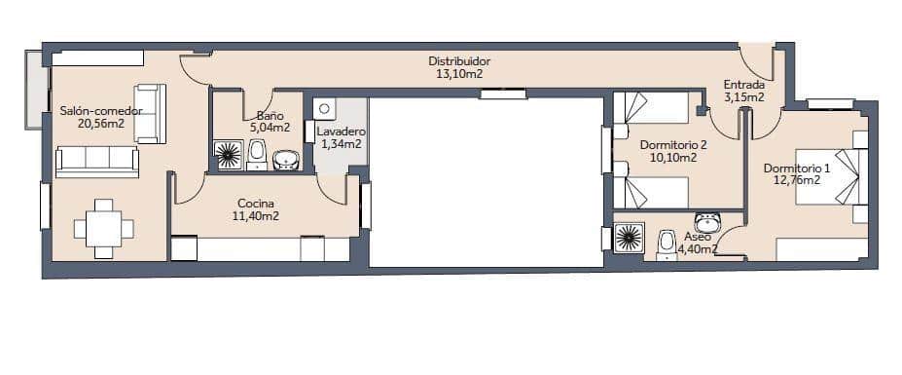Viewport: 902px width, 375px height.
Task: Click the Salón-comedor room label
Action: tap(101, 111)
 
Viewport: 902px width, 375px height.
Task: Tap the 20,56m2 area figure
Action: tap(101, 124)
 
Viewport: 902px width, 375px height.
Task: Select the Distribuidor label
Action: tap(459, 60)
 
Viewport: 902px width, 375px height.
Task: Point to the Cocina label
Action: tap(255, 204)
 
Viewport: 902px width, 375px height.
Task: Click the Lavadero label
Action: tap(341, 131)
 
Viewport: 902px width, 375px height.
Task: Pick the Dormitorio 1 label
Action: tap(797, 167)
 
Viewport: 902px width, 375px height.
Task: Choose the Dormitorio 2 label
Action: tap(673, 145)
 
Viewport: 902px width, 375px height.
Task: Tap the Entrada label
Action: tap(743, 84)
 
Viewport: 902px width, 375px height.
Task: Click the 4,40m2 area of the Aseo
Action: tap(701, 248)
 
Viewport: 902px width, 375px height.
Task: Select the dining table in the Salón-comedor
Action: tap(103, 229)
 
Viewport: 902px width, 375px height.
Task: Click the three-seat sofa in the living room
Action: tap(97, 162)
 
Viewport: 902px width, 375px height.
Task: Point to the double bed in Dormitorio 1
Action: tap(830, 176)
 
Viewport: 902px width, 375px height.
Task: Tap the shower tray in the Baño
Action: tap(229, 155)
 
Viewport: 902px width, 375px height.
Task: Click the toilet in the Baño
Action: tap(257, 153)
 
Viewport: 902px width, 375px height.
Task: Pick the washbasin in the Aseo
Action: tap(707, 221)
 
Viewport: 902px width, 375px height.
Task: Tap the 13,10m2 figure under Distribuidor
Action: tap(459, 73)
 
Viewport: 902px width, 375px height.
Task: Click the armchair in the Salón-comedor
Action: tap(149, 114)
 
